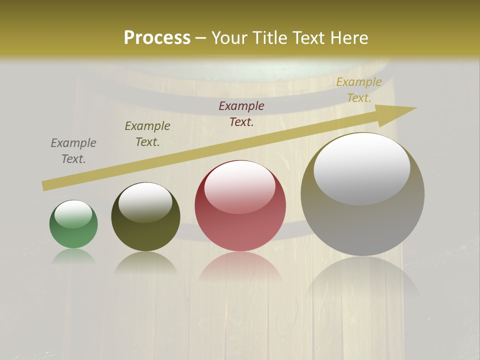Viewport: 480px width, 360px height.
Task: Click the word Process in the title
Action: click(157, 37)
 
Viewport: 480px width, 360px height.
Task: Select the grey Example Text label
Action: click(73, 151)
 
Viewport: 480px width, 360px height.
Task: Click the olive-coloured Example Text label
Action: click(147, 134)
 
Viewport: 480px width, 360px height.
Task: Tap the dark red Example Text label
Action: click(241, 114)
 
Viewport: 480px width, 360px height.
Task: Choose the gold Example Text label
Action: click(359, 90)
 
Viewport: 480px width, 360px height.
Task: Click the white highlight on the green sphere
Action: click(73, 214)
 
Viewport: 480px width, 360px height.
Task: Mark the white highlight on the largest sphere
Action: click(361, 168)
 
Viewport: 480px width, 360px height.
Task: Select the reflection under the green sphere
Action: click(73, 256)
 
